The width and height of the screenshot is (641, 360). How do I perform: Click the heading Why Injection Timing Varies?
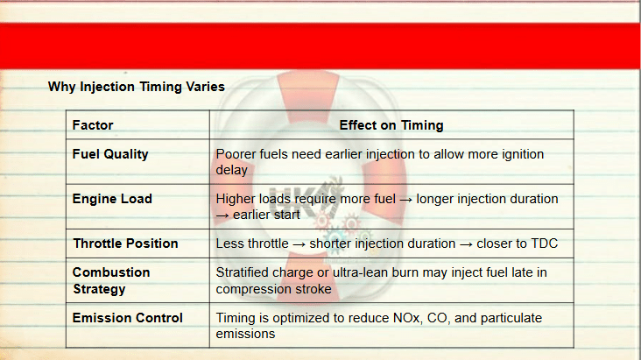click(x=136, y=87)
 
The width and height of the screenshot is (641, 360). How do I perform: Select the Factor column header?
click(x=93, y=125)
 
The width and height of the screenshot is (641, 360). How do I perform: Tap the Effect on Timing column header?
click(x=391, y=125)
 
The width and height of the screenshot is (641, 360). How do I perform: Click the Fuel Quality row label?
click(x=110, y=154)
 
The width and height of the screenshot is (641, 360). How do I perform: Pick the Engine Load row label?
click(x=112, y=199)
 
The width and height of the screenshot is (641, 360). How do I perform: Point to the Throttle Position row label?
click(x=125, y=244)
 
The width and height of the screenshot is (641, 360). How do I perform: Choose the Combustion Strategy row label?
click(x=111, y=280)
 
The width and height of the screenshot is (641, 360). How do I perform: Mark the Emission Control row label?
click(x=128, y=318)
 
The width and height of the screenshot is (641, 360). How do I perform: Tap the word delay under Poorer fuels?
click(x=232, y=170)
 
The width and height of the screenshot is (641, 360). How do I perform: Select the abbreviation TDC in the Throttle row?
click(x=544, y=244)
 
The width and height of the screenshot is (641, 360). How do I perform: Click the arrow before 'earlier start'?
click(x=222, y=215)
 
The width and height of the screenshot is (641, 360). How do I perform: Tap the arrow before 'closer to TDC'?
click(x=466, y=244)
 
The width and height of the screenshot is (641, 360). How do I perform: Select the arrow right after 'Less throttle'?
click(x=299, y=244)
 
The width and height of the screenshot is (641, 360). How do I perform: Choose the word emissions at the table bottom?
click(x=245, y=334)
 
